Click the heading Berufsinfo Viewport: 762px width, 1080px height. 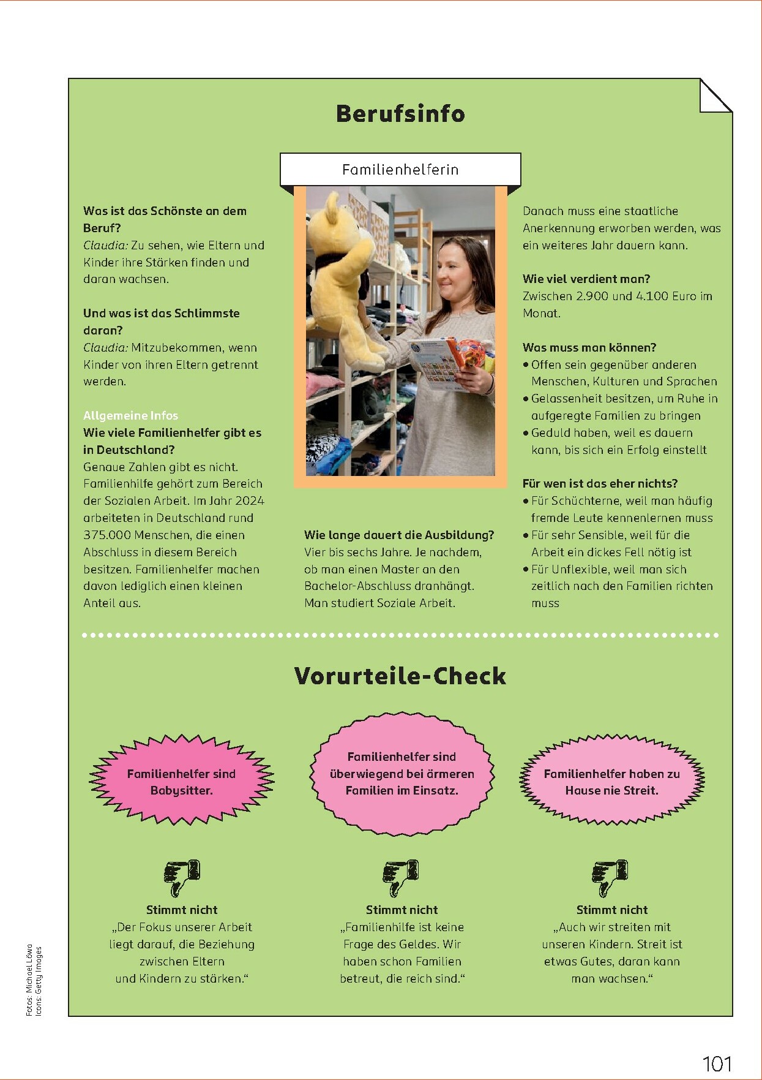[x=400, y=114]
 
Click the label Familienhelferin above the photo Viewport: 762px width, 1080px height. [x=400, y=170]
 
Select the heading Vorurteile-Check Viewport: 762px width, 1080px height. [x=400, y=676]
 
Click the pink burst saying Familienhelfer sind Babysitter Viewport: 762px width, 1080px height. [x=181, y=782]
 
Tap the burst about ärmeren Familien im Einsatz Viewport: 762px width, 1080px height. [x=402, y=774]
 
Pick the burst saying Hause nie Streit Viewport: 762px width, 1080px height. [x=612, y=782]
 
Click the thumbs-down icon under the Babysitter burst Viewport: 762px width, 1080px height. [x=182, y=878]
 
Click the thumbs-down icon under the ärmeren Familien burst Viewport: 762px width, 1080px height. [x=401, y=878]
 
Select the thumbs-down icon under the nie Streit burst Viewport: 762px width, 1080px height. [x=611, y=878]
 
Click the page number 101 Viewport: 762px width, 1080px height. [x=717, y=1063]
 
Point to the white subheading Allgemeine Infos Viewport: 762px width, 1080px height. [x=130, y=415]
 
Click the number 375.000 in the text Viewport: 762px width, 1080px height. [x=106, y=535]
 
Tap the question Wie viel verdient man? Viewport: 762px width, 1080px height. [x=586, y=279]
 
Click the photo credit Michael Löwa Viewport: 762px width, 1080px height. [x=29, y=992]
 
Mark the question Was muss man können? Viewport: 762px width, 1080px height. [x=589, y=347]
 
